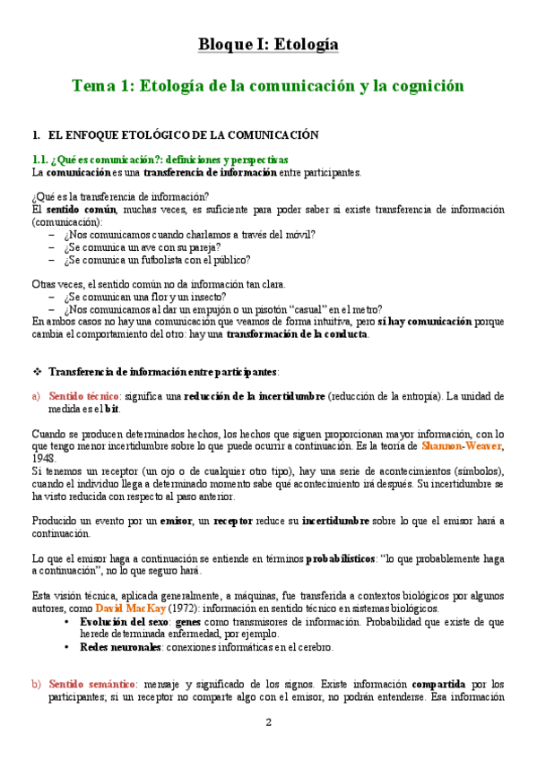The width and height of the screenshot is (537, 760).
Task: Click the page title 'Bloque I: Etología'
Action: (x=268, y=45)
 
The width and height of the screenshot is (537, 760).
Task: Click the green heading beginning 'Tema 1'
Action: (x=268, y=86)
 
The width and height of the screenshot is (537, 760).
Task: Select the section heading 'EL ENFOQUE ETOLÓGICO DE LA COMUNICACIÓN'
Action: (x=183, y=135)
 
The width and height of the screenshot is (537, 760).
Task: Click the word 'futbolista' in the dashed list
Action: (x=150, y=260)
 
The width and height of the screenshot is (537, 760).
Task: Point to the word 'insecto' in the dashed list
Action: (x=206, y=297)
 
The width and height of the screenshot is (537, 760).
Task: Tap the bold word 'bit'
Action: (x=112, y=408)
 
